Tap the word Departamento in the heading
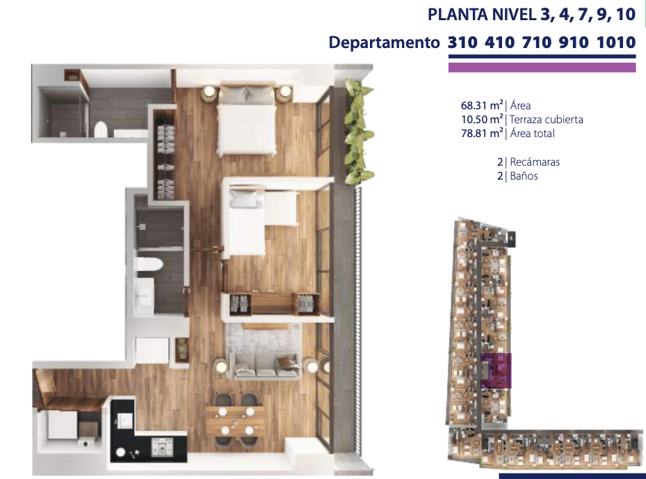[x=384, y=42]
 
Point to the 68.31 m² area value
[x=482, y=106]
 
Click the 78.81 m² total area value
[x=482, y=134]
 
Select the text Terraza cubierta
[x=546, y=120]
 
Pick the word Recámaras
[x=534, y=162]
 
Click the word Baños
[x=524, y=176]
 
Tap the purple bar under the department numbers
[x=542, y=68]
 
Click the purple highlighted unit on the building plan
[x=496, y=370]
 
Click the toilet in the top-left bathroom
[x=102, y=129]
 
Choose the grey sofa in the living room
[x=266, y=365]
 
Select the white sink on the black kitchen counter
[x=126, y=421]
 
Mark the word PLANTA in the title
[x=455, y=15]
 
